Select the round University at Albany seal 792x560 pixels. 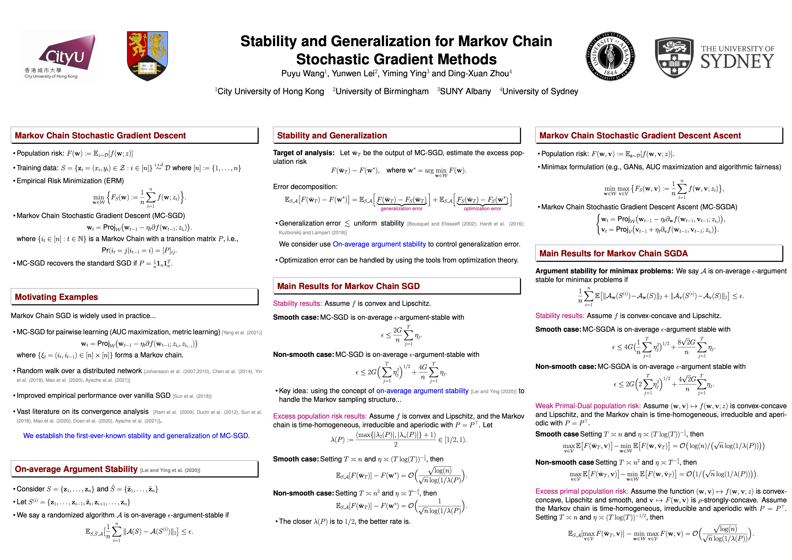[x=610, y=56]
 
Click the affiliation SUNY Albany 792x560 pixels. [x=465, y=92]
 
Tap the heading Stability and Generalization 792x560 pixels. [x=332, y=136]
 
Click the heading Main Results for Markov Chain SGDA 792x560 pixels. [x=613, y=254]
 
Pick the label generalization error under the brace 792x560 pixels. [x=401, y=209]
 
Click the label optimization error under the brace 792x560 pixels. [x=482, y=209]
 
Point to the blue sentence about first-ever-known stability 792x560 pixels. [x=136, y=436]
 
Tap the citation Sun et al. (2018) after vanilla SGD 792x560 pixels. [x=192, y=396]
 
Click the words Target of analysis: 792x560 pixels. [x=304, y=153]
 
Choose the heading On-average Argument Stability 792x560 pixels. [x=76, y=469]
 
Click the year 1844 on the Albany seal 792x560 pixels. [x=610, y=73]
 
